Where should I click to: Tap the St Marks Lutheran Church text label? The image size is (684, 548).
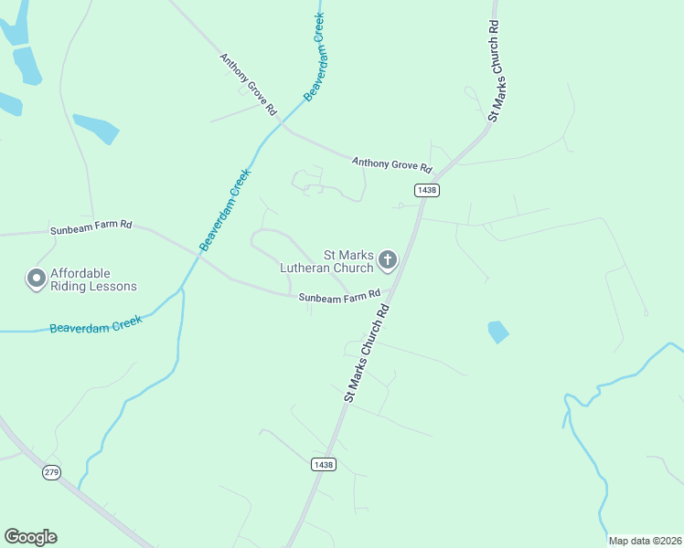(328, 262)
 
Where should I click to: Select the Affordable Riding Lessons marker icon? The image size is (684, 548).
(37, 279)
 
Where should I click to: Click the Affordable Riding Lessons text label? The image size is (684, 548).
(93, 279)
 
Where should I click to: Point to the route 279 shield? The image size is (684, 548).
(51, 472)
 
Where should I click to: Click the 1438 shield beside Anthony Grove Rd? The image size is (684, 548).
(426, 190)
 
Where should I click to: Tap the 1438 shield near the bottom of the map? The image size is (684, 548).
(323, 464)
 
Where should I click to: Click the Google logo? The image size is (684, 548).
(30, 537)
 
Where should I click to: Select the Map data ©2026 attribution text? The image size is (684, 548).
(646, 541)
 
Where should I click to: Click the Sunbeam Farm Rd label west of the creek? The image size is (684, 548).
(91, 226)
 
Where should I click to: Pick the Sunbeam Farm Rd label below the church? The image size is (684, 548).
(338, 297)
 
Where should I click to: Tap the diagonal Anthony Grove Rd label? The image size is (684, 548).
(248, 83)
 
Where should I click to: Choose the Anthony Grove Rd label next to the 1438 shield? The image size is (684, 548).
(391, 164)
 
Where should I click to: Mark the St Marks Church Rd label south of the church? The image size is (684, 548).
(368, 353)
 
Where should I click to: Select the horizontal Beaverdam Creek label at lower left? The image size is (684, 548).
(96, 322)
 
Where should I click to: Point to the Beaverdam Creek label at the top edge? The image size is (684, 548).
(315, 56)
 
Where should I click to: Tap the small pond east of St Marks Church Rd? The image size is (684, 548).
(497, 332)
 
